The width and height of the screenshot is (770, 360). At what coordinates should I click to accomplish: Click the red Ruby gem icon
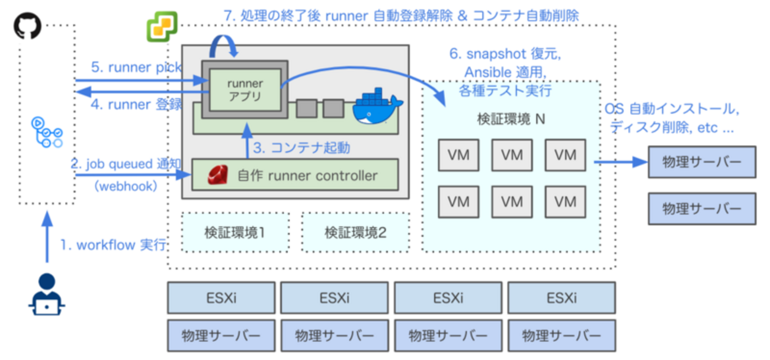click(x=216, y=175)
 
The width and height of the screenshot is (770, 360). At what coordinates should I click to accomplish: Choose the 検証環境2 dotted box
click(x=355, y=232)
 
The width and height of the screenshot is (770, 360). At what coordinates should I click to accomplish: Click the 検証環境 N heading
click(x=511, y=119)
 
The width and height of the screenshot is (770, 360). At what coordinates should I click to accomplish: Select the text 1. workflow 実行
click(x=113, y=245)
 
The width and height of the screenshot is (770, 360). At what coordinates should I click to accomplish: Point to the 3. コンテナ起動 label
click(x=301, y=147)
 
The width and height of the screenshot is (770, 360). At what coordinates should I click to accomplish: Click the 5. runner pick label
click(x=136, y=67)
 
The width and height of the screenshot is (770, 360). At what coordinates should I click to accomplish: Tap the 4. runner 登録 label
click(x=136, y=105)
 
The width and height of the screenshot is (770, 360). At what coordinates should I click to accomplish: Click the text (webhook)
click(x=126, y=186)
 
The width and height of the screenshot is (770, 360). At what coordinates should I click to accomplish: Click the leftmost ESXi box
click(x=221, y=297)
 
